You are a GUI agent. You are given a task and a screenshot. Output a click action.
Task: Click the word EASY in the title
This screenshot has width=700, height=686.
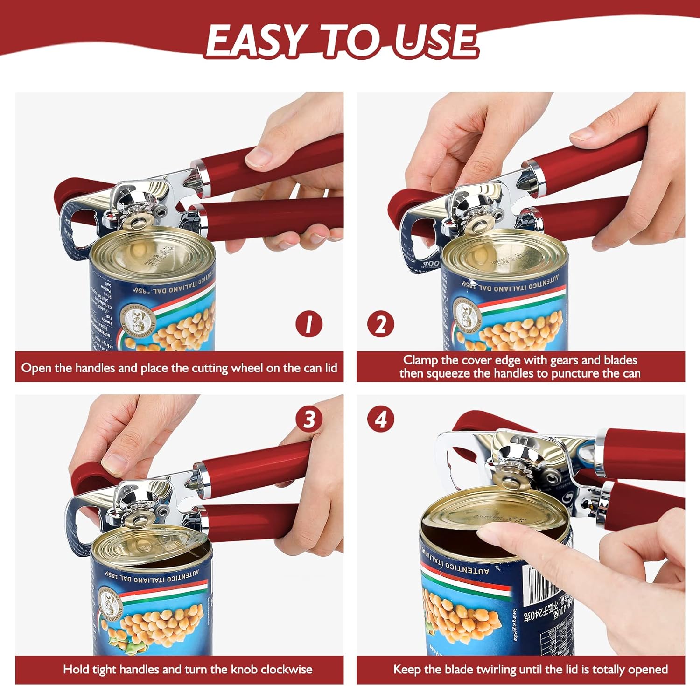(254, 41)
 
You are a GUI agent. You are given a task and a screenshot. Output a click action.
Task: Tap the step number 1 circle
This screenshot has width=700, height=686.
(308, 324)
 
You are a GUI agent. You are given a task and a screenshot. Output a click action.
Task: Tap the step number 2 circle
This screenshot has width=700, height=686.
(380, 324)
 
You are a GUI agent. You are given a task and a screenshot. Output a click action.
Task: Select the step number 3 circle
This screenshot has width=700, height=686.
(309, 419)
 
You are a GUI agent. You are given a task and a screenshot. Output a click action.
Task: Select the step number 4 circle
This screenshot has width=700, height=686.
(381, 419)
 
